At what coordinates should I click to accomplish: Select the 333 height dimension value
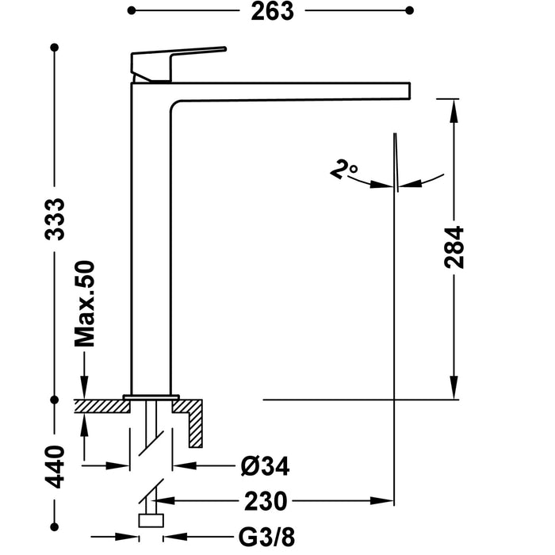point(55,224)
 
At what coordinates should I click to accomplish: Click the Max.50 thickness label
point(85,304)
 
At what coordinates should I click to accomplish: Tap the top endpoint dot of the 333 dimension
point(55,49)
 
